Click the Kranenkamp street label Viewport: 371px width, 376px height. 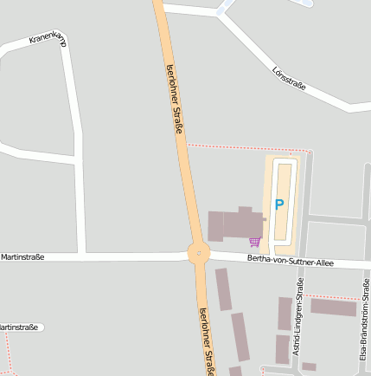pyautogui.click(x=48, y=39)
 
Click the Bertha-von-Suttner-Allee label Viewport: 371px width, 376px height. pyautogui.click(x=290, y=261)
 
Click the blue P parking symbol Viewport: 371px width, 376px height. pyautogui.click(x=278, y=204)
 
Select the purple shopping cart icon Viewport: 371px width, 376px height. pyautogui.click(x=254, y=242)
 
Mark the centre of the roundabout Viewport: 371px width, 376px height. pyautogui.click(x=199, y=254)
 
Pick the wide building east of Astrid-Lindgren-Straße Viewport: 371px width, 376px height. pyautogui.click(x=333, y=307)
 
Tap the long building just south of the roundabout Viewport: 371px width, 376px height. pyautogui.click(x=223, y=288)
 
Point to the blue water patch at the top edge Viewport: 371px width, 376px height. pyautogui.click(x=304, y=3)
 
